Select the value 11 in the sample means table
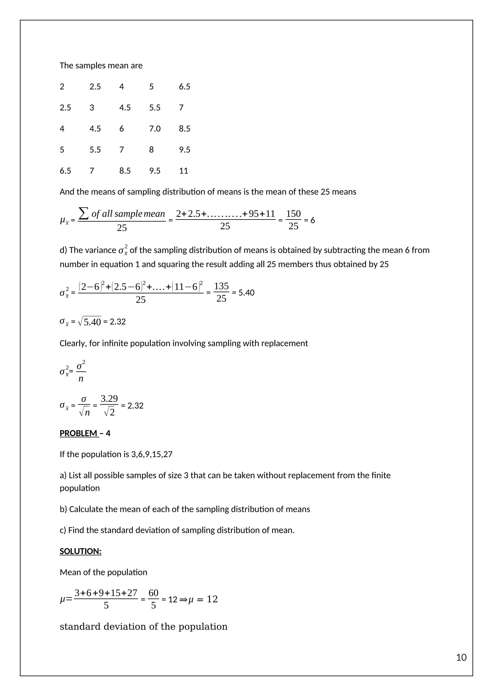(183, 171)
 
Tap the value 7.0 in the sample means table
(155, 129)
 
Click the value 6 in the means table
(121, 129)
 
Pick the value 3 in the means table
(92, 108)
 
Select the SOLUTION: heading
(80, 551)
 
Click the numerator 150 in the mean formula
(293, 214)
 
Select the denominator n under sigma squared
(81, 379)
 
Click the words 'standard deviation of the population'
(143, 627)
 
